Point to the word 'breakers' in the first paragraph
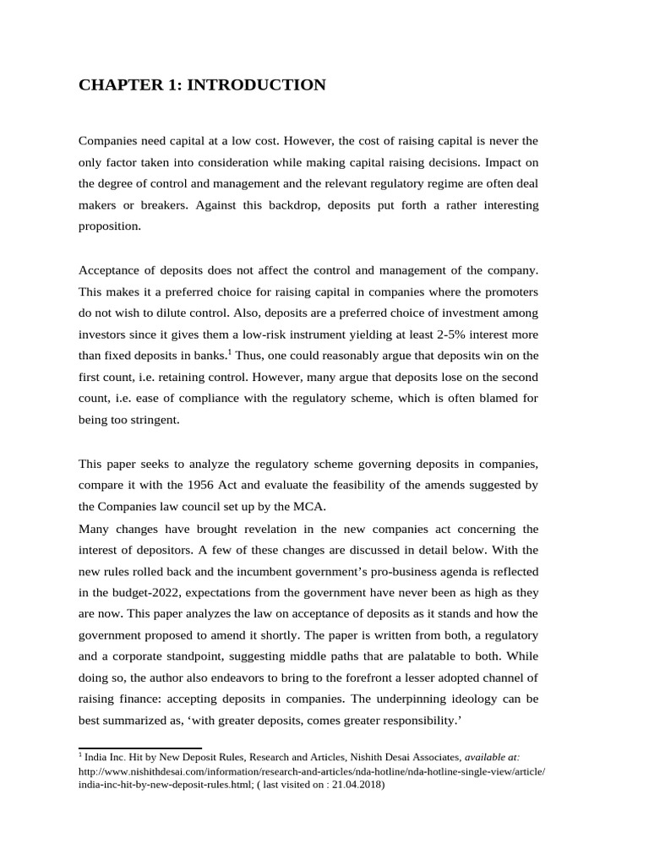[x=160, y=205]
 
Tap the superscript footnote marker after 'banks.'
[x=229, y=351]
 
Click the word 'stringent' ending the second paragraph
[x=154, y=419]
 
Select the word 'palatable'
[x=445, y=656]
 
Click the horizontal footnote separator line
[x=139, y=748]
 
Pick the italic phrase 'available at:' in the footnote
[x=493, y=758]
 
